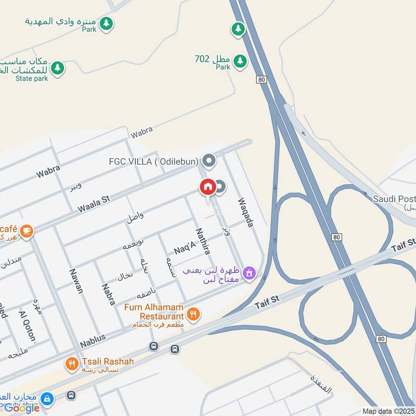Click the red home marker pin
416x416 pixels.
pos(207,187)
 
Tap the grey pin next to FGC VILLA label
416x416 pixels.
pos(209,161)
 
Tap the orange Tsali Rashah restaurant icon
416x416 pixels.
pos(72,364)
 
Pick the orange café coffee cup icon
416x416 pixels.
pos(27,231)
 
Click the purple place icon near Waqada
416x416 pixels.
pos(250,272)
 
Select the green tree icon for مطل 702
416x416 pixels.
pos(239,61)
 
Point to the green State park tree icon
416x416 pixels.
pos(58,68)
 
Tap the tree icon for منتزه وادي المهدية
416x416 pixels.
pos(106,23)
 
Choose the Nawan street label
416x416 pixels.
pos(76,281)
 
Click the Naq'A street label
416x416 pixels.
pos(184,247)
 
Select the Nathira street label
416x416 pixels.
pos(203,241)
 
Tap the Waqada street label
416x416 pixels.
pos(245,212)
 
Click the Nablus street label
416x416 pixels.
pos(93,341)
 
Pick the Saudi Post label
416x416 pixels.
pos(394,199)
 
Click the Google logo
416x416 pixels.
pos(22,408)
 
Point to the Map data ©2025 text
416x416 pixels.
pos(388,411)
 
